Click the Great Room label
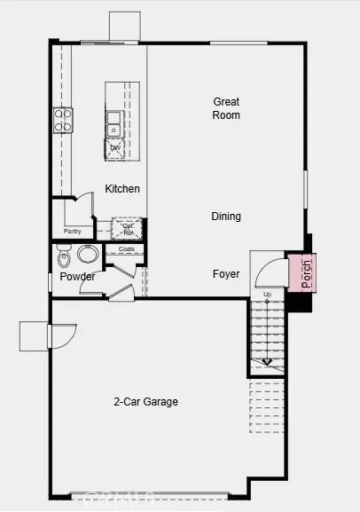click(226, 108)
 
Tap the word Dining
click(226, 217)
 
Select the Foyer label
click(226, 273)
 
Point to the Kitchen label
click(122, 189)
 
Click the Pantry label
click(73, 231)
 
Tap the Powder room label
click(77, 277)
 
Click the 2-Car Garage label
click(146, 402)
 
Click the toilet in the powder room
click(63, 258)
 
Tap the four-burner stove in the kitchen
click(63, 120)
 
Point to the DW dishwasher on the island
click(115, 148)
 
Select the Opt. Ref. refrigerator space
click(129, 228)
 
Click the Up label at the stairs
click(267, 294)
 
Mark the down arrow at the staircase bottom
click(267, 361)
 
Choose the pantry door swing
click(85, 206)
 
